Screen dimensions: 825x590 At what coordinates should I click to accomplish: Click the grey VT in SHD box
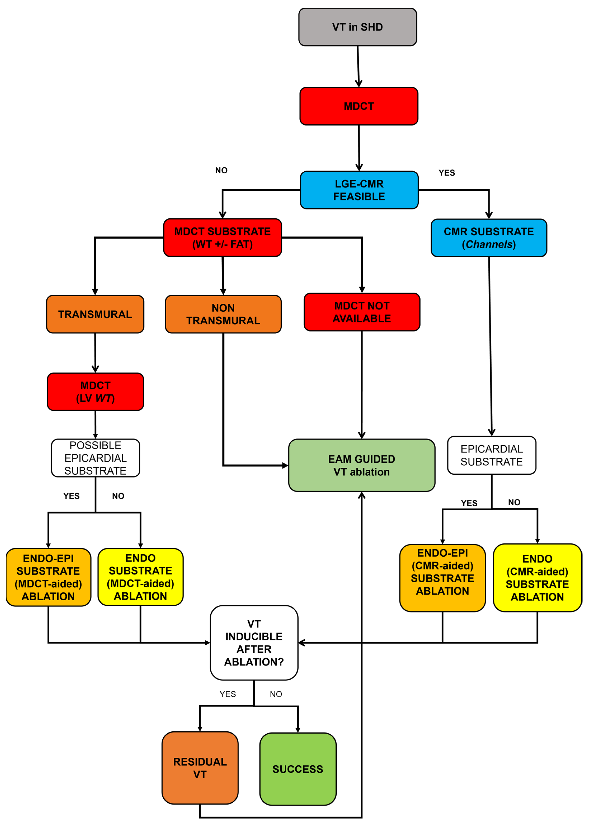357,27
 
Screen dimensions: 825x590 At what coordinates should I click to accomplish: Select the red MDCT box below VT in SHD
359,106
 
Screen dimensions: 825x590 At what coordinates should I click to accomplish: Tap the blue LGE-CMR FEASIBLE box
359,190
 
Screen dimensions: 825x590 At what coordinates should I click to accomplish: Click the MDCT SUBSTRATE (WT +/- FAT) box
222,238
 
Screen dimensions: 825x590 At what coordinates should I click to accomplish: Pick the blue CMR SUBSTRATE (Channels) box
489,238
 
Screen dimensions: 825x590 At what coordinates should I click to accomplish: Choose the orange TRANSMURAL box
95,314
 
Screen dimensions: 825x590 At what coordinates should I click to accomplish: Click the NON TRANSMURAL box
223,314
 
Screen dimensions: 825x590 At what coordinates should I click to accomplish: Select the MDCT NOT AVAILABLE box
362,312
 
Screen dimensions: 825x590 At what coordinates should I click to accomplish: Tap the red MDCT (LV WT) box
95,392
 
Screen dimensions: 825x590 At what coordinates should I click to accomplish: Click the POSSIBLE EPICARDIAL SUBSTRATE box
96,458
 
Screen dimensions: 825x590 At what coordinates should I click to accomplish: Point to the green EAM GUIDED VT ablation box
362,465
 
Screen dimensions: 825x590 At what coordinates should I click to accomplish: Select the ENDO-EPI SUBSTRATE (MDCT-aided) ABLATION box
48,577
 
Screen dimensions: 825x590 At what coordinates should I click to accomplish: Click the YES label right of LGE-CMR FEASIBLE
447,173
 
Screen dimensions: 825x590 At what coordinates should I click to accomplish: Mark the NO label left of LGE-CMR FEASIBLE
221,170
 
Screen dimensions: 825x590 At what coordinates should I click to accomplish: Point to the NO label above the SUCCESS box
276,694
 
